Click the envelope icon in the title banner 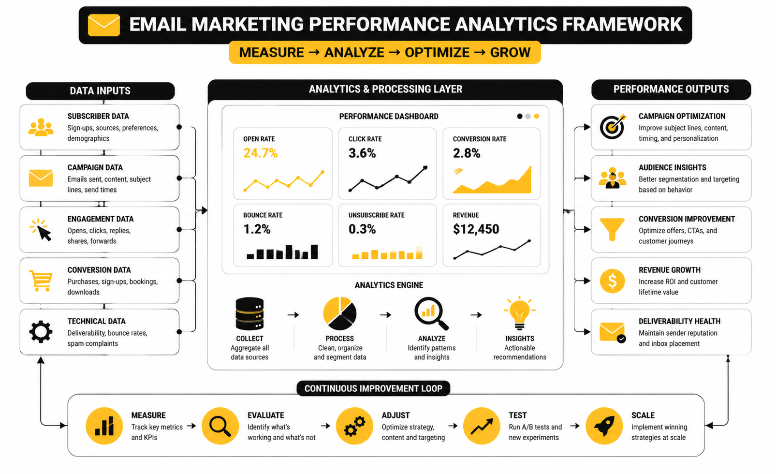click(104, 25)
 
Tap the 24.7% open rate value click(261, 153)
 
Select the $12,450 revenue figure click(476, 229)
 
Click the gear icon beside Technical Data click(41, 332)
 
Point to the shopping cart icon click(41, 281)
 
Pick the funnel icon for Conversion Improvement click(612, 229)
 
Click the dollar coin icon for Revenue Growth click(612, 281)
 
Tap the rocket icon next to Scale click(604, 426)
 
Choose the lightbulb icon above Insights click(519, 313)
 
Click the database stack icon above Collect click(249, 313)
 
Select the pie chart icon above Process click(339, 313)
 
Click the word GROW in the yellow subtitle click(510, 53)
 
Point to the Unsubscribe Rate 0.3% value click(362, 229)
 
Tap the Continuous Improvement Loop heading click(373, 388)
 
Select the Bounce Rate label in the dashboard click(263, 215)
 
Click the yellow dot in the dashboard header click(536, 117)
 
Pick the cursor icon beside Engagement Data click(41, 229)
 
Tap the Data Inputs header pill click(100, 91)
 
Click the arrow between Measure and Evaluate click(191, 426)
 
